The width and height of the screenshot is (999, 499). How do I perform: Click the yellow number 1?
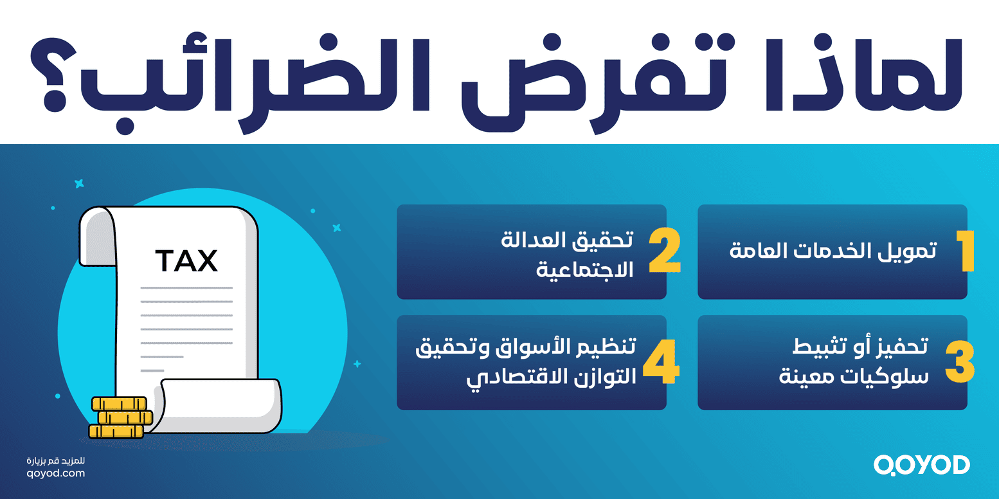tap(964, 251)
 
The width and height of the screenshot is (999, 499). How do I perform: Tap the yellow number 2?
tap(664, 251)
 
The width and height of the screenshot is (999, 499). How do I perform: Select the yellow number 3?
tap(960, 362)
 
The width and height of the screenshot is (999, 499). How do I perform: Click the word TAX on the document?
tap(186, 261)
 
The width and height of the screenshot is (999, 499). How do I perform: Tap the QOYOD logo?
tap(921, 465)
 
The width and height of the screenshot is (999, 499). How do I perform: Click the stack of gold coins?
tap(121, 418)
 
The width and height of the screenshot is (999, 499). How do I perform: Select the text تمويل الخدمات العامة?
tap(833, 251)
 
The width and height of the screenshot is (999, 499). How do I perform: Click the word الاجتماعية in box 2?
tap(585, 270)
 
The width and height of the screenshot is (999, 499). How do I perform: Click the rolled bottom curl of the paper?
tap(222, 405)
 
